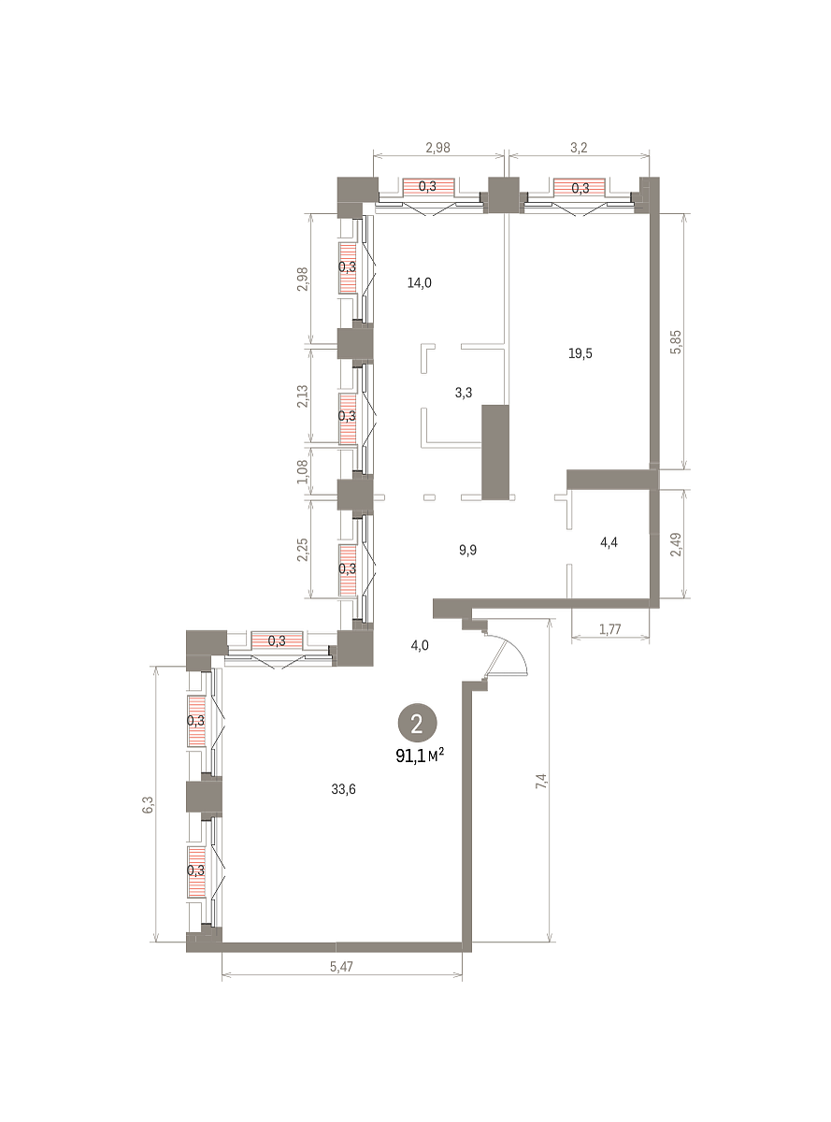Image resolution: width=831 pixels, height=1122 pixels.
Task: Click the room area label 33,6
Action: [x=343, y=788]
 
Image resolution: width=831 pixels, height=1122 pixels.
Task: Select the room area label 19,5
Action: [x=580, y=353]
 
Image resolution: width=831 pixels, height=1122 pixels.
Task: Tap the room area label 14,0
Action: [x=420, y=282]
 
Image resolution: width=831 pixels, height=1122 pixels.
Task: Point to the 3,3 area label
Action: [x=464, y=392]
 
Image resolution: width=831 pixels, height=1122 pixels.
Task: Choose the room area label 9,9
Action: [x=468, y=550]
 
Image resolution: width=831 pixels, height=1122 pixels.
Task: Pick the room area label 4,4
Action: [x=609, y=542]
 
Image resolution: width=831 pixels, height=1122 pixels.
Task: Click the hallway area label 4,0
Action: [x=420, y=645]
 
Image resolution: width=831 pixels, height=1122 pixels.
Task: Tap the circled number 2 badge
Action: [x=417, y=725]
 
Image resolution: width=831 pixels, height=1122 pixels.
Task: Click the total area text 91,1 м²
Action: [x=420, y=756]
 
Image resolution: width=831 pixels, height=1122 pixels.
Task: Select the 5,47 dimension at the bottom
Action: [x=341, y=967]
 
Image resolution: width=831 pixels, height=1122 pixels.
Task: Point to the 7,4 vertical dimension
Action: [x=542, y=781]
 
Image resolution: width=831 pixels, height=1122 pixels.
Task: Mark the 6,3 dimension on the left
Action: [x=148, y=804]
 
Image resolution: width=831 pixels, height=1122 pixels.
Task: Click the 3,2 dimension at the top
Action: [x=579, y=148]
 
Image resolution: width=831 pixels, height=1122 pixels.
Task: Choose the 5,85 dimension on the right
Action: [x=676, y=342]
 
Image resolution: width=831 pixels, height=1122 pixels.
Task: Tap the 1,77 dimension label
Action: [x=610, y=629]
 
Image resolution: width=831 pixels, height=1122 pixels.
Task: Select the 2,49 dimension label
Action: [x=676, y=545]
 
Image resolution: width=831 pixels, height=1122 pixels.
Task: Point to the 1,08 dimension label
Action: [x=303, y=472]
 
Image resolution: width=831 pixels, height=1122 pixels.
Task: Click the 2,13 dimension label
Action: [x=303, y=397]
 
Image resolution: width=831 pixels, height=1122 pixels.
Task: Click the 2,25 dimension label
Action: [x=303, y=550]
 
